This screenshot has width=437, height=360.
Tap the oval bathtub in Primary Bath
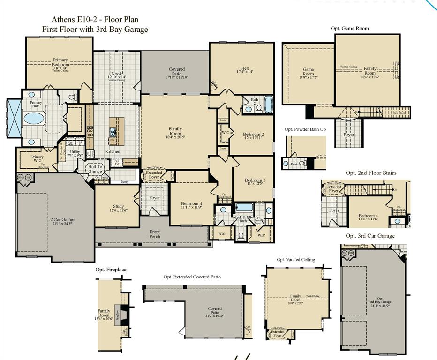pyautogui.click(x=34, y=118)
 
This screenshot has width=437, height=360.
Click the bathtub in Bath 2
pyautogui.click(x=268, y=105)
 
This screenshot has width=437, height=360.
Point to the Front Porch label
pyautogui.click(x=155, y=234)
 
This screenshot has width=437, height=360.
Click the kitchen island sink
pyautogui.click(x=113, y=132)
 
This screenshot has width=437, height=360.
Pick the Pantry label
pyautogui.click(x=125, y=181)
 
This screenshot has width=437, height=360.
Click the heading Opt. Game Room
pyautogui.click(x=349, y=29)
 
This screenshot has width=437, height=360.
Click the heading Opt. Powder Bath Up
pyautogui.click(x=305, y=129)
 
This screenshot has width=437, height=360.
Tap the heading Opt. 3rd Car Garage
pyautogui.click(x=370, y=236)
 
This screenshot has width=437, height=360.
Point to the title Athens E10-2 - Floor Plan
pyautogui.click(x=95, y=20)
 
